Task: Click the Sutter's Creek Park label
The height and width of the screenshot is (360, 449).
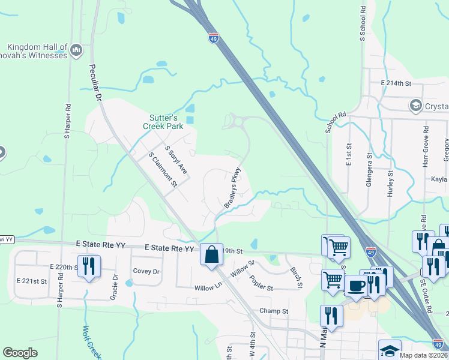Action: tap(163, 122)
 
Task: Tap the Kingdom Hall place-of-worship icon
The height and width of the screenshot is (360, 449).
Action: tap(76, 49)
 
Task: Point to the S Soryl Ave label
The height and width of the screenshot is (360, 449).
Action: tap(176, 160)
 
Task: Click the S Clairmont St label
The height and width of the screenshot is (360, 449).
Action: tap(163, 170)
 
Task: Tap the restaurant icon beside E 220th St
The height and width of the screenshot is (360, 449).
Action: tap(89, 266)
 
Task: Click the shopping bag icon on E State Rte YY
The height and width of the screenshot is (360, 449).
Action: tap(211, 254)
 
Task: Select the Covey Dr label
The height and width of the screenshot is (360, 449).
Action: tap(146, 271)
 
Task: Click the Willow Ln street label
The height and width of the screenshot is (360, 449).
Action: tap(209, 288)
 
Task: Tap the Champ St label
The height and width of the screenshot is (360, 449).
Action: tap(274, 311)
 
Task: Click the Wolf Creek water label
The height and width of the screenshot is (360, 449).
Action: tap(91, 343)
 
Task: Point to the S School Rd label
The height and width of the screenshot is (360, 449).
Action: tap(363, 24)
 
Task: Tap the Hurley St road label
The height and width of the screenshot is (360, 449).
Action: tap(390, 183)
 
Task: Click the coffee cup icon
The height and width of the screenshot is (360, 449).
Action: tap(355, 285)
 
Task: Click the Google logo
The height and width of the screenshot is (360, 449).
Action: tap(20, 353)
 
